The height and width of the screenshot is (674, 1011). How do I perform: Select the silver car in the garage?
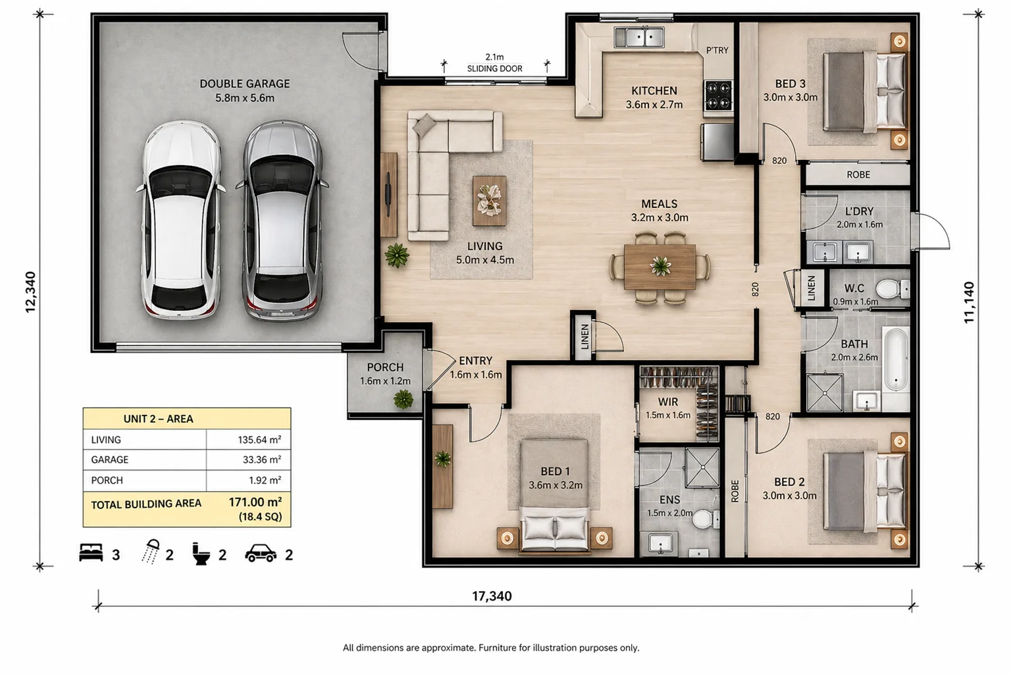point(282,220)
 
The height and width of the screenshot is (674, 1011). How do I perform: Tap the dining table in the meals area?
point(660,267)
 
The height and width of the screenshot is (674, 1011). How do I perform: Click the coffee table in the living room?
point(489,201)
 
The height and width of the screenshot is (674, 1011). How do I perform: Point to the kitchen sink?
point(639,37)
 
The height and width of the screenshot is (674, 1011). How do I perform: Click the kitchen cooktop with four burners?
point(718,95)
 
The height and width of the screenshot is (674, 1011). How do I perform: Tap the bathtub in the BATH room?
point(896,359)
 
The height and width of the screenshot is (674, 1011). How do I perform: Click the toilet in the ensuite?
point(705,519)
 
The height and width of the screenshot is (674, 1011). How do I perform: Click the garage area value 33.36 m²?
point(262,459)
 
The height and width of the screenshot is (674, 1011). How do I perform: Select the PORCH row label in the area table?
point(107,480)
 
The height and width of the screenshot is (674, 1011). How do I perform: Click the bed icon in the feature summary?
point(91,553)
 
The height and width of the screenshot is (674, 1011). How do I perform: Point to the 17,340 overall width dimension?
point(492,596)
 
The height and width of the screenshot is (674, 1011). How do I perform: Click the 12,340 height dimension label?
point(30,292)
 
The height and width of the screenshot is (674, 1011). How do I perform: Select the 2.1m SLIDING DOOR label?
point(495,63)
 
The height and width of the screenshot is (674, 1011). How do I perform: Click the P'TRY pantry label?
point(717,50)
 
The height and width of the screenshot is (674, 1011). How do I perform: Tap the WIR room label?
point(668,402)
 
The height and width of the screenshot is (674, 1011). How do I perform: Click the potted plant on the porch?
point(403,400)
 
